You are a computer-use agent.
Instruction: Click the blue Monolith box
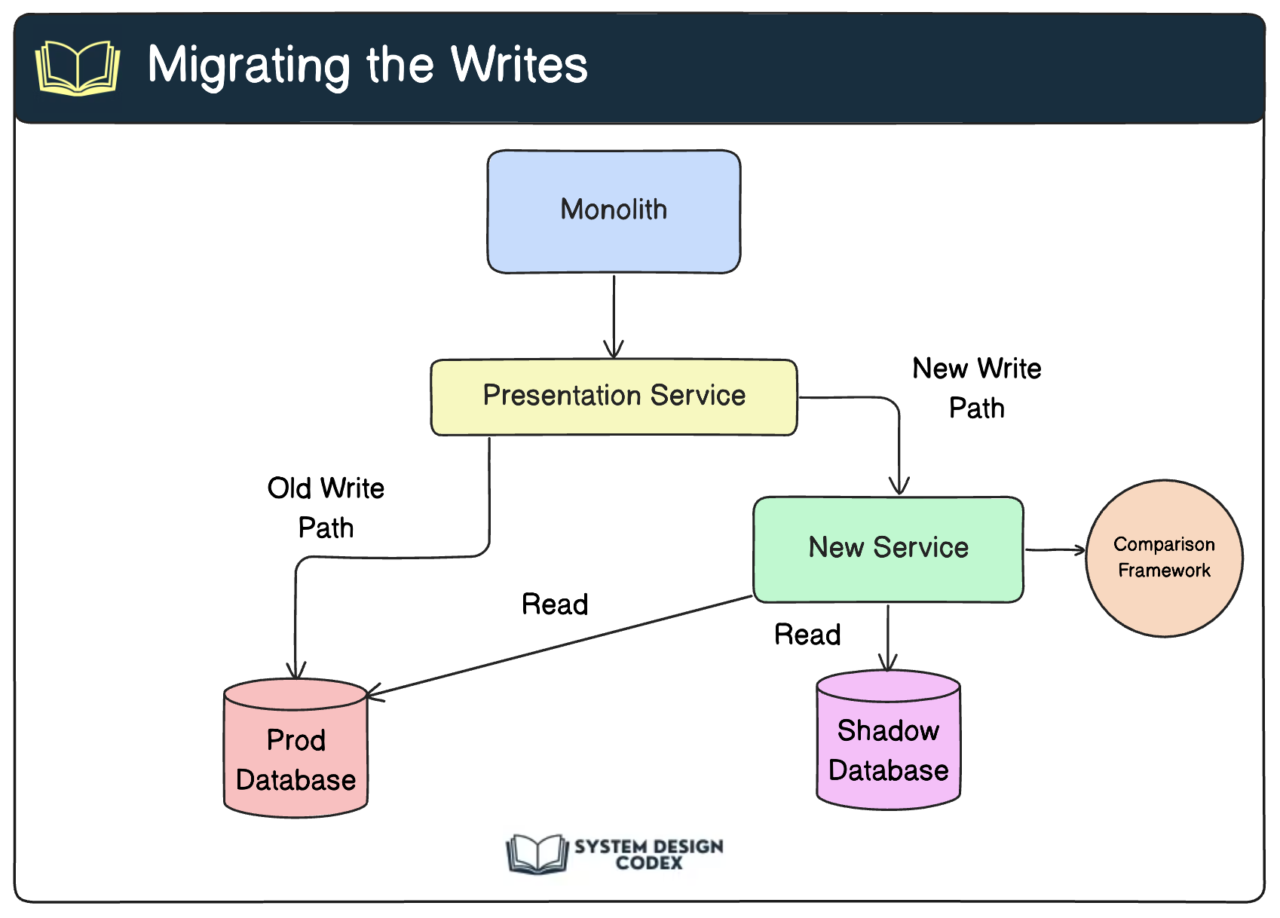[x=614, y=211]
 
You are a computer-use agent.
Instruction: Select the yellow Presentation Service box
[x=614, y=397]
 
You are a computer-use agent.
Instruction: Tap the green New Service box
[x=888, y=549]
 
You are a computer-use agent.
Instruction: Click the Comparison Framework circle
[x=1164, y=558]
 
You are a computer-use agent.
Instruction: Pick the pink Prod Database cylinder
[x=296, y=748]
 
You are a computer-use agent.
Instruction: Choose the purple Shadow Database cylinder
[x=888, y=739]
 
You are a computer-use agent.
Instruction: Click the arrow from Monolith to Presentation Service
[x=614, y=317]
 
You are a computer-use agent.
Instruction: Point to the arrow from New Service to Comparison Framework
[x=1055, y=549]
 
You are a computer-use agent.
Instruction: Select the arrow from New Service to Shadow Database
[x=887, y=638]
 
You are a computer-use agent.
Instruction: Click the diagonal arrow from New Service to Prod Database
[x=559, y=646]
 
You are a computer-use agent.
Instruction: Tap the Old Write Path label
[x=326, y=507]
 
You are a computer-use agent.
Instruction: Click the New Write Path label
[x=976, y=387]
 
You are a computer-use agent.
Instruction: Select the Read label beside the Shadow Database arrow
[x=807, y=634]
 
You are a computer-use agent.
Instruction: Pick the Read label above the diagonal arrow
[x=555, y=604]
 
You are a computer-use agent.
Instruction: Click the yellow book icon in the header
[x=78, y=67]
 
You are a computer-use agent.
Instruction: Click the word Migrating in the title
[x=250, y=67]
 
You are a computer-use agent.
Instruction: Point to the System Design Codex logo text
[x=648, y=854]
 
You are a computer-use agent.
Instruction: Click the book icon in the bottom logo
[x=537, y=853]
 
